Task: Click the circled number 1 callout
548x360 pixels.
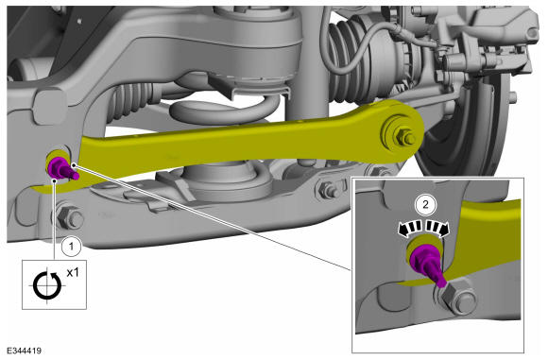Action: [x=71, y=246]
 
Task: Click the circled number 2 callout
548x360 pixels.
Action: [x=425, y=204]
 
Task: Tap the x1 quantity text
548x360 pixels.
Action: [x=73, y=272]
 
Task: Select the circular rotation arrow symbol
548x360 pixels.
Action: [x=47, y=285]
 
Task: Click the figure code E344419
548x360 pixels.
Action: [x=25, y=351]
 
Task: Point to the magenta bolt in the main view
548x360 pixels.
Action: [x=61, y=168]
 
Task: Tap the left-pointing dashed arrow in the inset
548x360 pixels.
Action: [x=411, y=229]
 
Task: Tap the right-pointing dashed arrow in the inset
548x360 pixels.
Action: [x=437, y=229]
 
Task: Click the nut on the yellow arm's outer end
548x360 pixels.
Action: [x=404, y=137]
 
